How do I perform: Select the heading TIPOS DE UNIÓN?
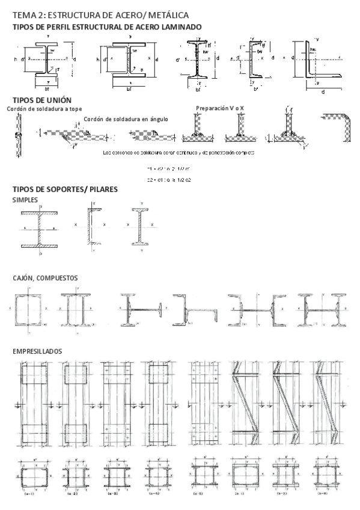point(38,100)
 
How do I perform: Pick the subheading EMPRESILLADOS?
point(37,350)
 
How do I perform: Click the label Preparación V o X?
point(220,108)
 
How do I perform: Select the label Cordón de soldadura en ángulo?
point(126,119)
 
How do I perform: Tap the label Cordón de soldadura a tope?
point(37,109)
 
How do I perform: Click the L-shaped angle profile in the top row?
point(316,60)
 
